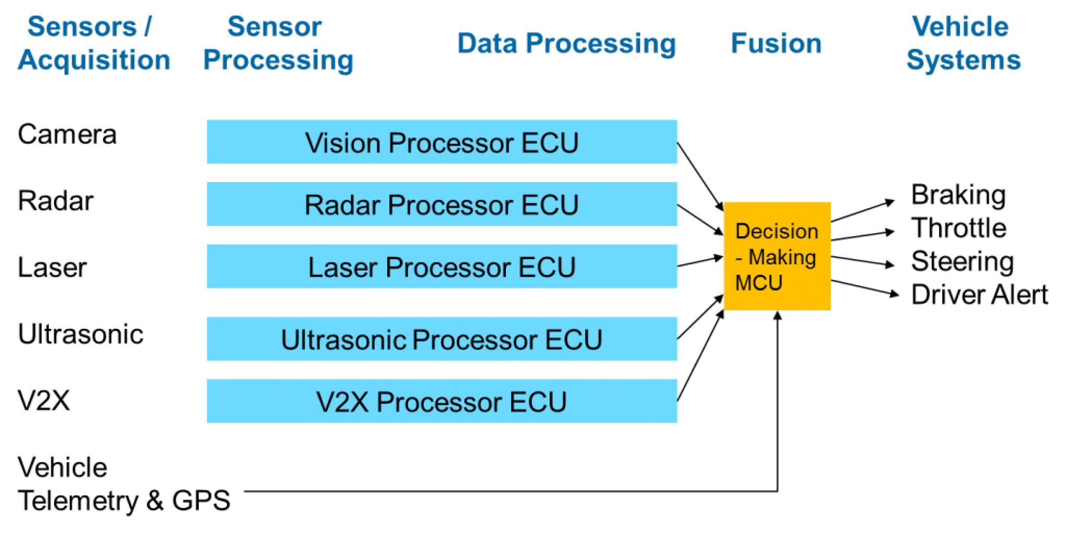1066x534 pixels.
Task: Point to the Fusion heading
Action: tap(776, 44)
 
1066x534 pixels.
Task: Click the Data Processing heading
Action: tap(566, 44)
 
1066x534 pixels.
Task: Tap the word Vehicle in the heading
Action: tap(960, 26)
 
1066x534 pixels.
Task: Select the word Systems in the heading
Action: tap(963, 60)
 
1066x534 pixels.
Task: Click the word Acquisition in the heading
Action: tap(94, 60)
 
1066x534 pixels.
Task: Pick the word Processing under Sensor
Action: tap(277, 60)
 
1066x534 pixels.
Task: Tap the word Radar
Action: tap(342, 205)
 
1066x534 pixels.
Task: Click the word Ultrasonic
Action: tap(344, 339)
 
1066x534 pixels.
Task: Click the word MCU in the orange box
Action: tap(758, 283)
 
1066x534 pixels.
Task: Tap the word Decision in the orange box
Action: tap(777, 231)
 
